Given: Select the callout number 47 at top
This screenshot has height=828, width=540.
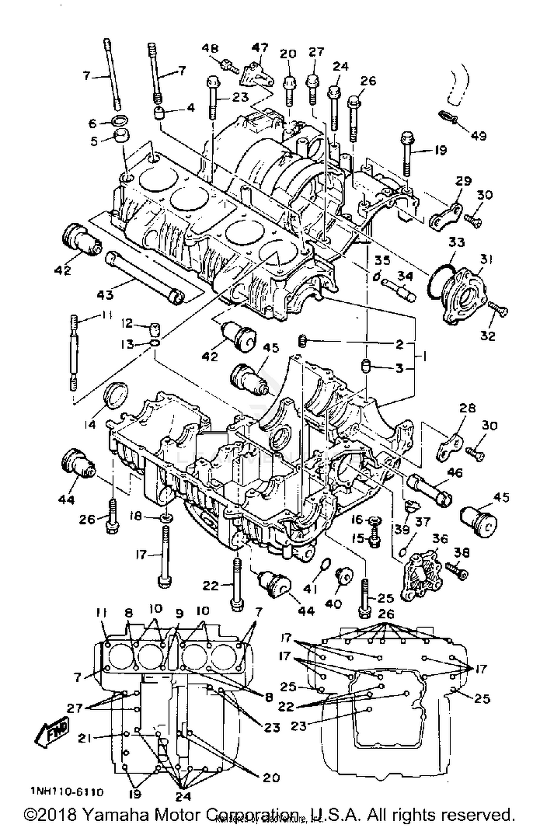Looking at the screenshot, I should [260, 48].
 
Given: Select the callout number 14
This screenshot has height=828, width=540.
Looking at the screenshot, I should [90, 425].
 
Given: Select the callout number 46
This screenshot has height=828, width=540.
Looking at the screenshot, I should [454, 473].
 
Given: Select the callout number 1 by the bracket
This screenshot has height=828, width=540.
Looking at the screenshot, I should [425, 357].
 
